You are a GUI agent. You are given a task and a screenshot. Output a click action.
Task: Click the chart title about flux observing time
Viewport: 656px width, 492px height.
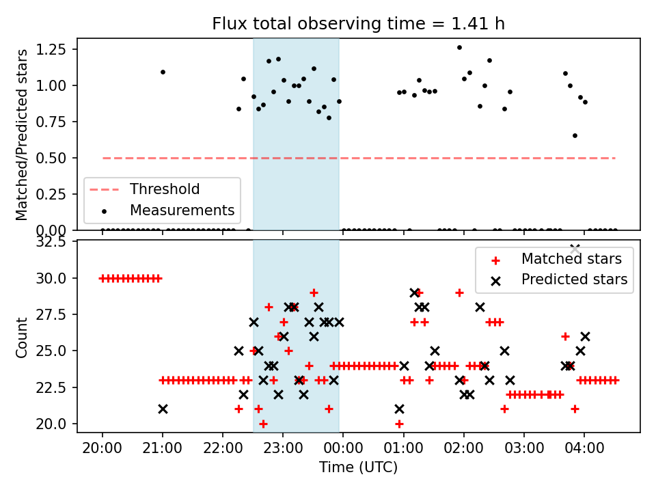click(x=359, y=24)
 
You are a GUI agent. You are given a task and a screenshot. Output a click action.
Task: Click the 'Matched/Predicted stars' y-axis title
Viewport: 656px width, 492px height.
click(x=22, y=134)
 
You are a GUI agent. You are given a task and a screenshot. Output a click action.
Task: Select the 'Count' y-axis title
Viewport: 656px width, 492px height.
click(x=22, y=336)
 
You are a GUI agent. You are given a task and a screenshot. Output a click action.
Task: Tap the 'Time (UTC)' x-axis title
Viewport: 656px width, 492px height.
click(x=358, y=468)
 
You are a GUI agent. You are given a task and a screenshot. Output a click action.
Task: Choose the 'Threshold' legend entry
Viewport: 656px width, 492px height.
click(x=165, y=189)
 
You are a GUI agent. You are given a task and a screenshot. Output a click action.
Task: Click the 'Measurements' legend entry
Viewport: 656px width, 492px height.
click(x=182, y=210)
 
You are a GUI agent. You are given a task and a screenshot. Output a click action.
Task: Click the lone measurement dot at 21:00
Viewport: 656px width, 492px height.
click(x=163, y=72)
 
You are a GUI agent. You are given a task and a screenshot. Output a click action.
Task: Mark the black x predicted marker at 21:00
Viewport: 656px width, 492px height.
click(x=163, y=409)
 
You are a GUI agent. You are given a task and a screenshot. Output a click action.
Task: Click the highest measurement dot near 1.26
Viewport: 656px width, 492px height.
click(x=459, y=48)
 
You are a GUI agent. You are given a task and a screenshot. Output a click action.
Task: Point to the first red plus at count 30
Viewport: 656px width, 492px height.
click(x=102, y=278)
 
